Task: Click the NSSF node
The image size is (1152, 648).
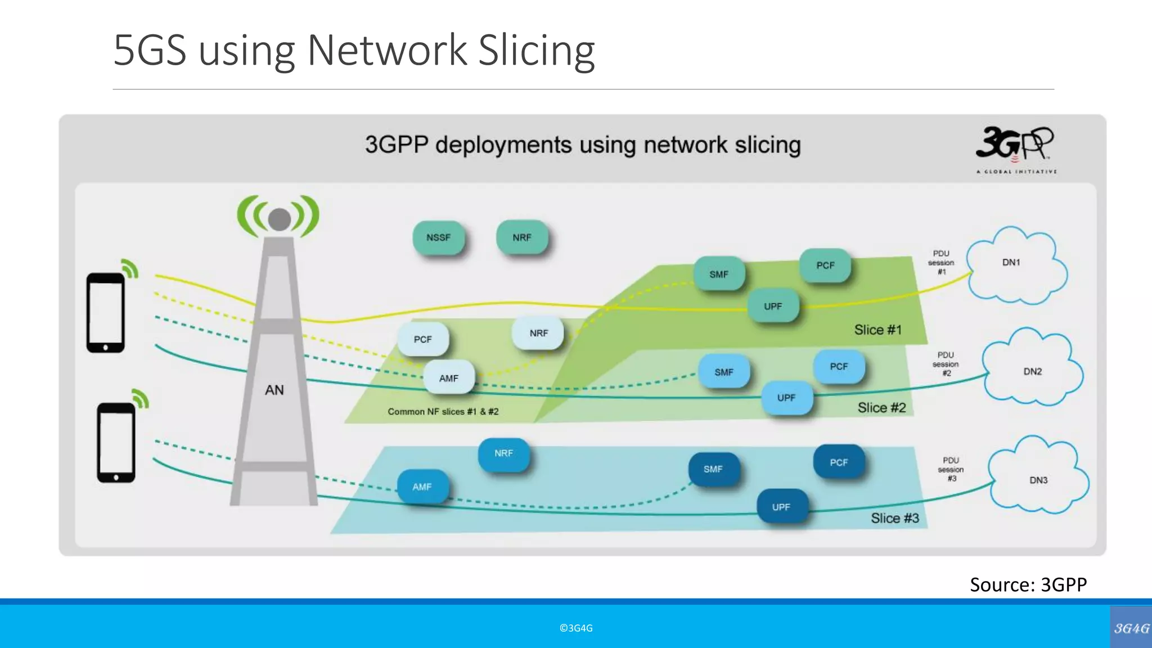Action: tap(438, 238)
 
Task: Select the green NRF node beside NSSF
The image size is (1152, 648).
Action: tap(521, 238)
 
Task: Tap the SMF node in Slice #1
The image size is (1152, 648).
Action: tap(718, 274)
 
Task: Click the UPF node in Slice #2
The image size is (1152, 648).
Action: tap(786, 398)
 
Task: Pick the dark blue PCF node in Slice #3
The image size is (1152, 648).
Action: tap(838, 462)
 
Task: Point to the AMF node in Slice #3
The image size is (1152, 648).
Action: tap(422, 487)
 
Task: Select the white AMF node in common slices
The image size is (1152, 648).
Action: tap(448, 378)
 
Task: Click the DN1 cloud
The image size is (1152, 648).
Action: tap(1015, 264)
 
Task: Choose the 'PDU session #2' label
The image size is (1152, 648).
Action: tap(946, 364)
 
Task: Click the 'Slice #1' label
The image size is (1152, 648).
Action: tap(877, 330)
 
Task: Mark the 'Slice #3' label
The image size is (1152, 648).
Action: tap(894, 518)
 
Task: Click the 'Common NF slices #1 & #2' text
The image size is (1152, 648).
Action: tap(443, 412)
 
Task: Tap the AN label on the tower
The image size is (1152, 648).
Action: tap(274, 390)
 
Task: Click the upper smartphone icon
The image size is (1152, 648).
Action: tap(106, 313)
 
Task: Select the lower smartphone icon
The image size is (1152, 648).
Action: tap(116, 443)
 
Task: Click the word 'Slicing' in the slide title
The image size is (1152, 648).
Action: tap(536, 51)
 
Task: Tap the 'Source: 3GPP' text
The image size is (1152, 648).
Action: tap(1028, 584)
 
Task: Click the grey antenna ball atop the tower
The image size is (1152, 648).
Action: tap(279, 219)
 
